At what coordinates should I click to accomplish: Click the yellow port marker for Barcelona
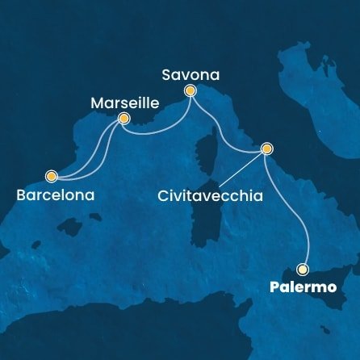[x=52, y=175]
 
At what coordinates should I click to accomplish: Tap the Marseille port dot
[x=123, y=119]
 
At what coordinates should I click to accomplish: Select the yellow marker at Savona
[x=190, y=91]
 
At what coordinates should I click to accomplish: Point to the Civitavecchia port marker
[x=267, y=149]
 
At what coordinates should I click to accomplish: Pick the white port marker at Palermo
[x=303, y=270]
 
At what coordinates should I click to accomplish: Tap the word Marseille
[x=125, y=103]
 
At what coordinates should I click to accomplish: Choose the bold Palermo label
[x=303, y=287]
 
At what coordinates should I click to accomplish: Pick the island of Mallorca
[x=94, y=220]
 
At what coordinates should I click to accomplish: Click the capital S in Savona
[x=166, y=74]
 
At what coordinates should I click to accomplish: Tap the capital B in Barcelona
[x=20, y=195]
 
